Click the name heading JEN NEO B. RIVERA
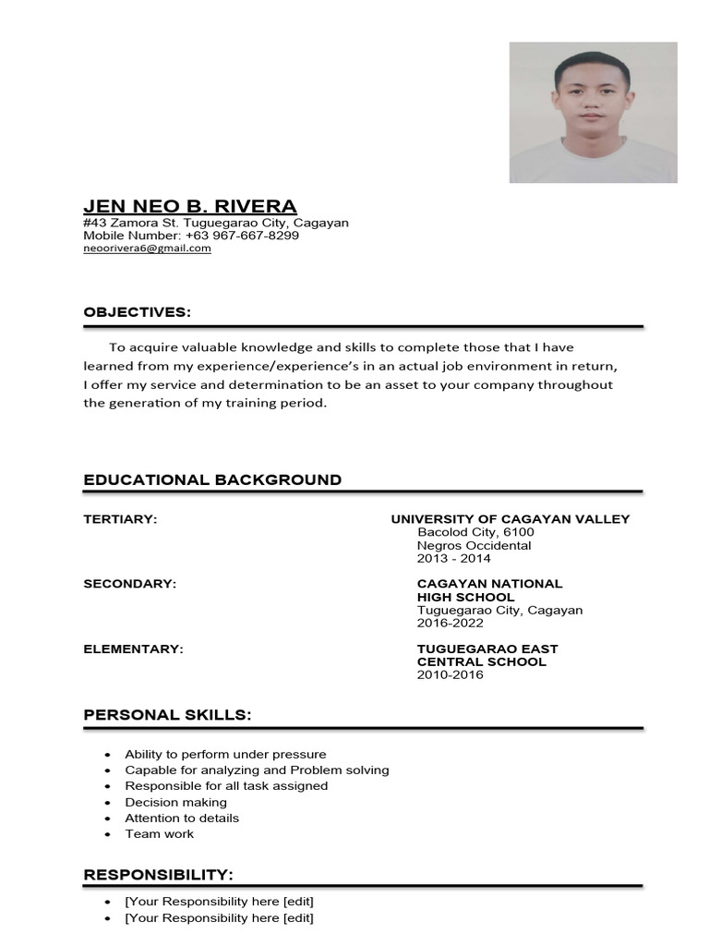point(190,205)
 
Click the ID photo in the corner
point(593,112)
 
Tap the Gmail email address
point(147,249)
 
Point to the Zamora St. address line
point(215,223)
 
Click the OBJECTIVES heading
point(137,312)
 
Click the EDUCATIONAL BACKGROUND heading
point(212,479)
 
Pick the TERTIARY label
point(120,519)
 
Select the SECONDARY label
point(129,584)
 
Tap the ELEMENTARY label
point(133,649)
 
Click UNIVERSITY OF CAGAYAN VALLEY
point(510,519)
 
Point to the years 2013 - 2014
point(454,558)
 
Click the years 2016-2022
point(451,623)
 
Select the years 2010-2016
point(450,674)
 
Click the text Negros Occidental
point(474,545)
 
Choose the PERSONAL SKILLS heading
point(167,715)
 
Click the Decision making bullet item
point(175,802)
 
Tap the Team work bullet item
point(159,833)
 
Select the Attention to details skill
point(182,818)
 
